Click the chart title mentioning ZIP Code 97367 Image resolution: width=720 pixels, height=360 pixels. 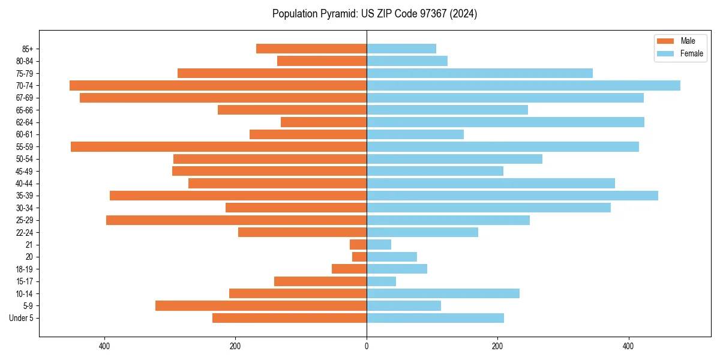[x=374, y=14]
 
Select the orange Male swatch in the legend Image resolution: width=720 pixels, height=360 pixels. [x=666, y=41]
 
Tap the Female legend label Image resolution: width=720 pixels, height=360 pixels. [x=691, y=53]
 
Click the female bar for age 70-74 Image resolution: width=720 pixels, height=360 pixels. [x=523, y=86]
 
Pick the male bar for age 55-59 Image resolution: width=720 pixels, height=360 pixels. [x=219, y=147]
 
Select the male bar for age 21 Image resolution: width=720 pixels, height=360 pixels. [x=358, y=245]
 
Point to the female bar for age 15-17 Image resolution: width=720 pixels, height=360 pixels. [x=382, y=281]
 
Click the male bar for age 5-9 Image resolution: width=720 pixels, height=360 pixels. [x=261, y=306]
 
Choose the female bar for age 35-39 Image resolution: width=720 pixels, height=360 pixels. [x=512, y=196]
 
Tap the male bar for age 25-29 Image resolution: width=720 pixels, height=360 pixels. [x=236, y=220]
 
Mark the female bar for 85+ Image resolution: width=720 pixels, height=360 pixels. [x=401, y=49]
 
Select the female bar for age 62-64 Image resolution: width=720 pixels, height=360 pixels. [x=505, y=122]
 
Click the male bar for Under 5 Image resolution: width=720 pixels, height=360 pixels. [x=290, y=318]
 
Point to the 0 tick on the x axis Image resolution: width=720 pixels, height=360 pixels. [x=367, y=346]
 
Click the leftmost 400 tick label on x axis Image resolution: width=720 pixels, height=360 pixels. [x=105, y=346]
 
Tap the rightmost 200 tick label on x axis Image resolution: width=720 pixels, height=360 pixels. [x=497, y=346]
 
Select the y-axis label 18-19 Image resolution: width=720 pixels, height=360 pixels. [x=25, y=269]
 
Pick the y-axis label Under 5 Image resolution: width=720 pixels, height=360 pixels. [x=21, y=318]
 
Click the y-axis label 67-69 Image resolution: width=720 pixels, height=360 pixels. [x=25, y=98]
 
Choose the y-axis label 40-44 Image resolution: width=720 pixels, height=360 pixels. [x=25, y=184]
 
